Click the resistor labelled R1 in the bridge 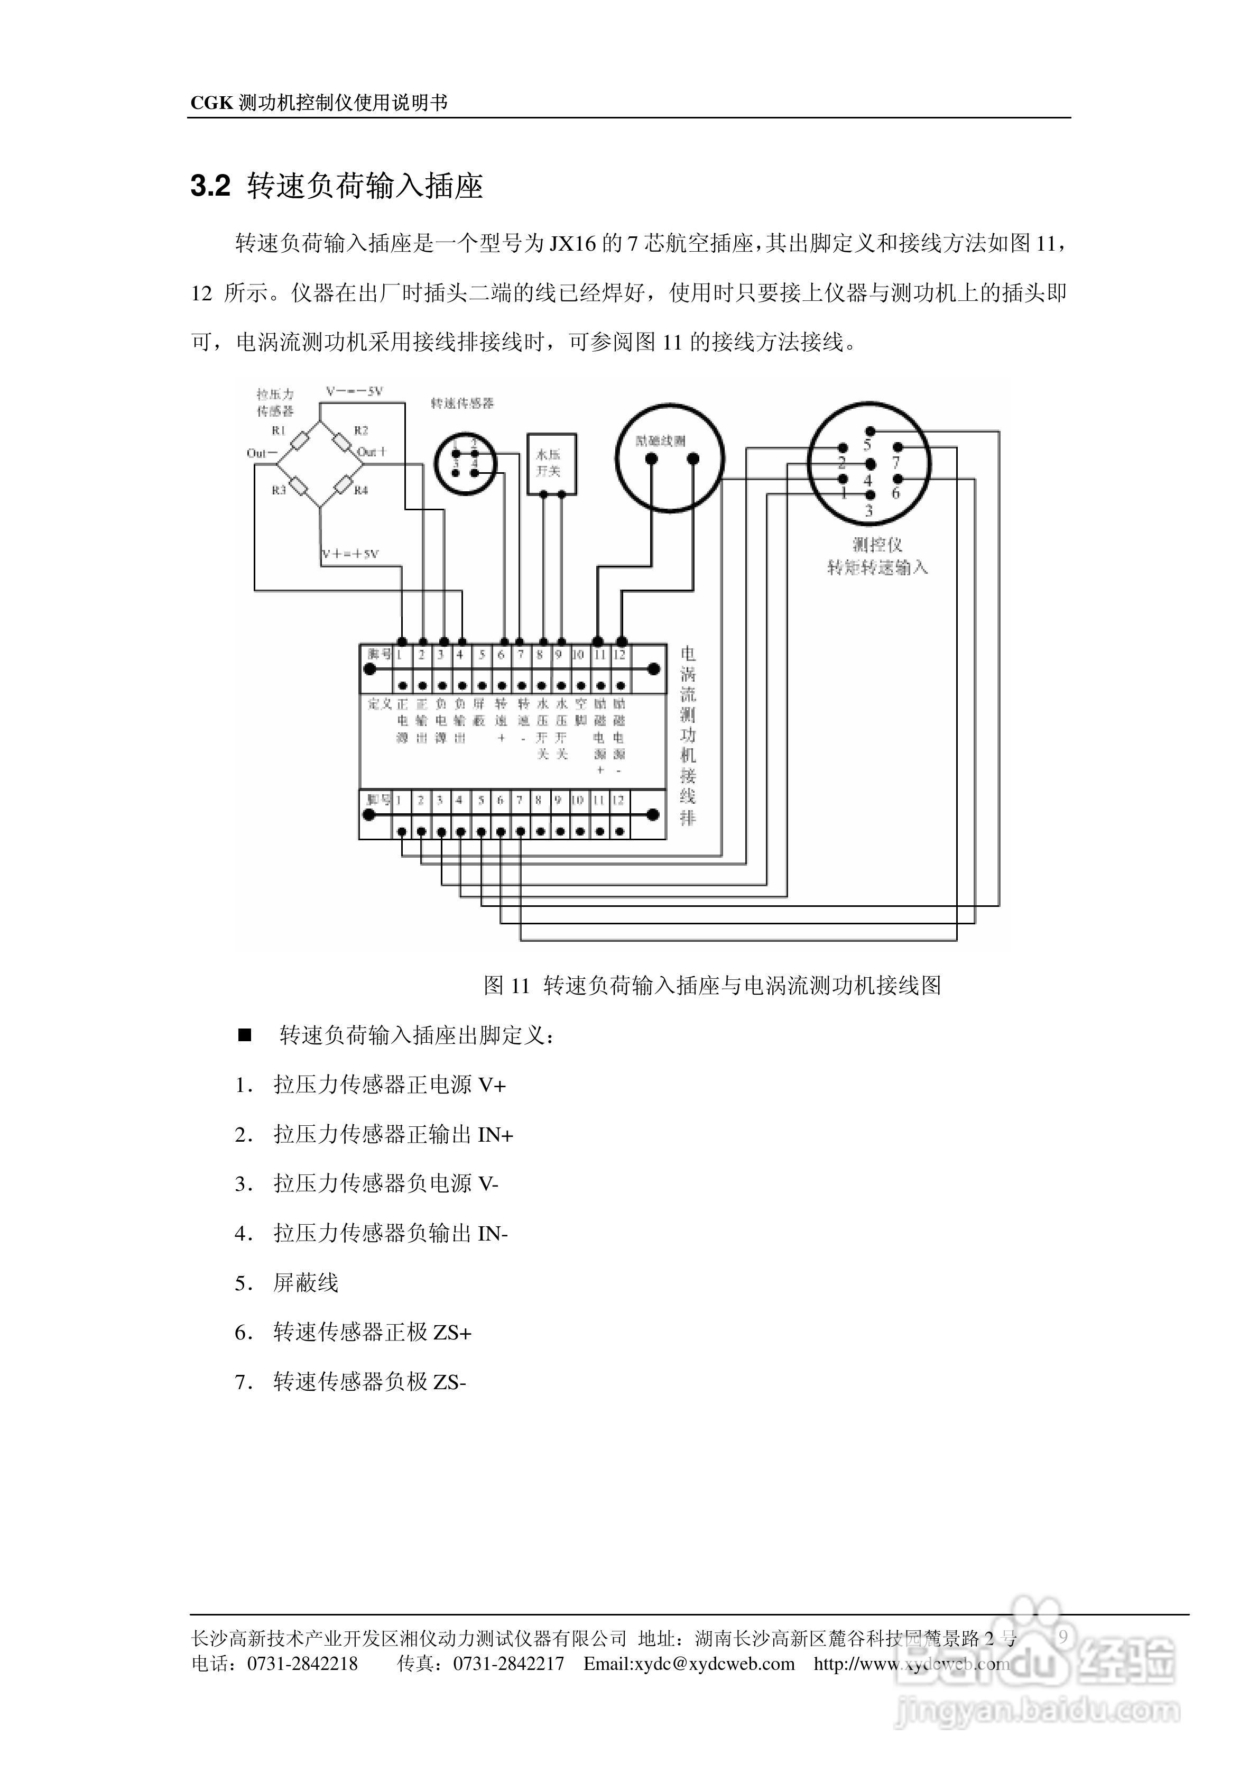(299, 444)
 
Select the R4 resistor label (362, 490)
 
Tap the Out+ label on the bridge (372, 452)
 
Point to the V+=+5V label (350, 554)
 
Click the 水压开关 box (551, 464)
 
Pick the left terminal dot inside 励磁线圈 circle (652, 459)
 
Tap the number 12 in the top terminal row (619, 655)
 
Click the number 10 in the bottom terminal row (578, 800)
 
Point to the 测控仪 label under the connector (877, 545)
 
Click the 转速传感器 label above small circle (462, 403)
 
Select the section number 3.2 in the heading (211, 186)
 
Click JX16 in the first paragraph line (572, 244)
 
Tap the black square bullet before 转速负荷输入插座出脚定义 (245, 1035)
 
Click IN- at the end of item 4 (493, 1233)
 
